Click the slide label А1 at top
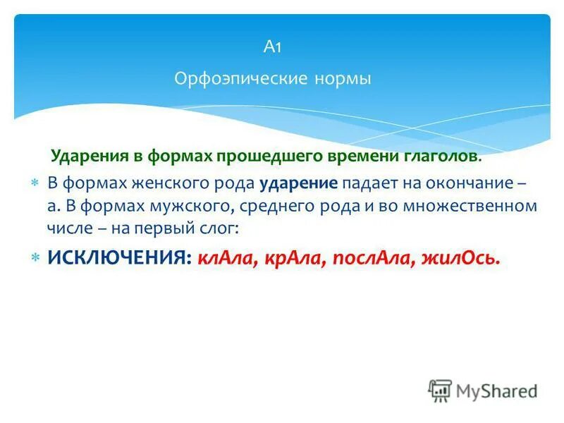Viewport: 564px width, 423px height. [273, 47]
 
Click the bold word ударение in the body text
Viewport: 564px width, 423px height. [299, 183]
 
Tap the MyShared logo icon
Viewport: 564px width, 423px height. [440, 391]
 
